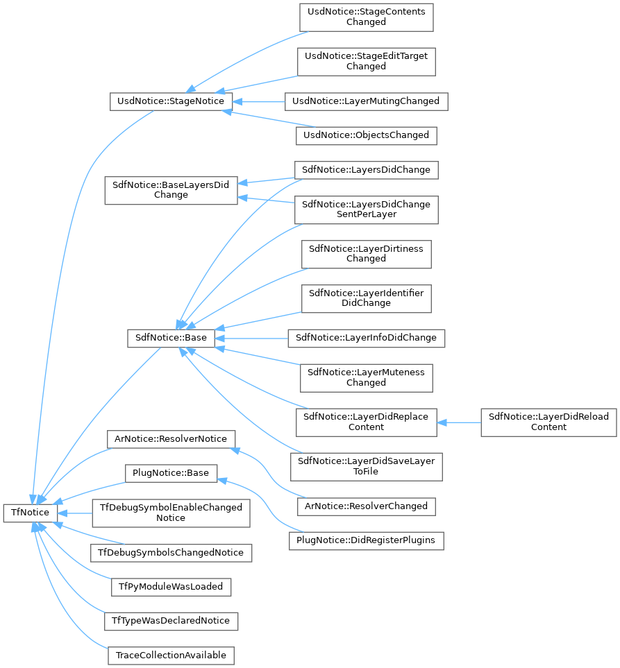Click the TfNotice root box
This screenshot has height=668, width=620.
pos(31,512)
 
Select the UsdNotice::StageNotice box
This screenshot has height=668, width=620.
pos(171,101)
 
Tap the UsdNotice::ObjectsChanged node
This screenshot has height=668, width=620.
pos(366,135)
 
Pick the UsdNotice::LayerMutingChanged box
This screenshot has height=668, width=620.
pos(366,101)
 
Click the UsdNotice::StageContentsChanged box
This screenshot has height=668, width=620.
pos(366,17)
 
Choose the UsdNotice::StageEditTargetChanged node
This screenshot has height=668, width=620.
pos(366,61)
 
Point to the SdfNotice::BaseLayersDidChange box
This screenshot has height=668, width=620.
pos(171,189)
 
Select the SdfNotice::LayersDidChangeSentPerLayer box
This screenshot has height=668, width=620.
pos(366,209)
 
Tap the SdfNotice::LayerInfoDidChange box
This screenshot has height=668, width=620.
pos(366,338)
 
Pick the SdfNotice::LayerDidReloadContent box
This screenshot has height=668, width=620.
pos(548,422)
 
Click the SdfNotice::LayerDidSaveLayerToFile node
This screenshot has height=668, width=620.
pos(366,466)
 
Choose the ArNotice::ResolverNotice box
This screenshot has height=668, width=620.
pos(171,439)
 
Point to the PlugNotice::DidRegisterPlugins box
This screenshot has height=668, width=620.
pos(366,540)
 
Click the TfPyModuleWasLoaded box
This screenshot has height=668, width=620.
pos(171,586)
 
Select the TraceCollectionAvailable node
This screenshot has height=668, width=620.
pos(171,655)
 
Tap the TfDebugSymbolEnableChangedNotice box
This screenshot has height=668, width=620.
pos(171,513)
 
